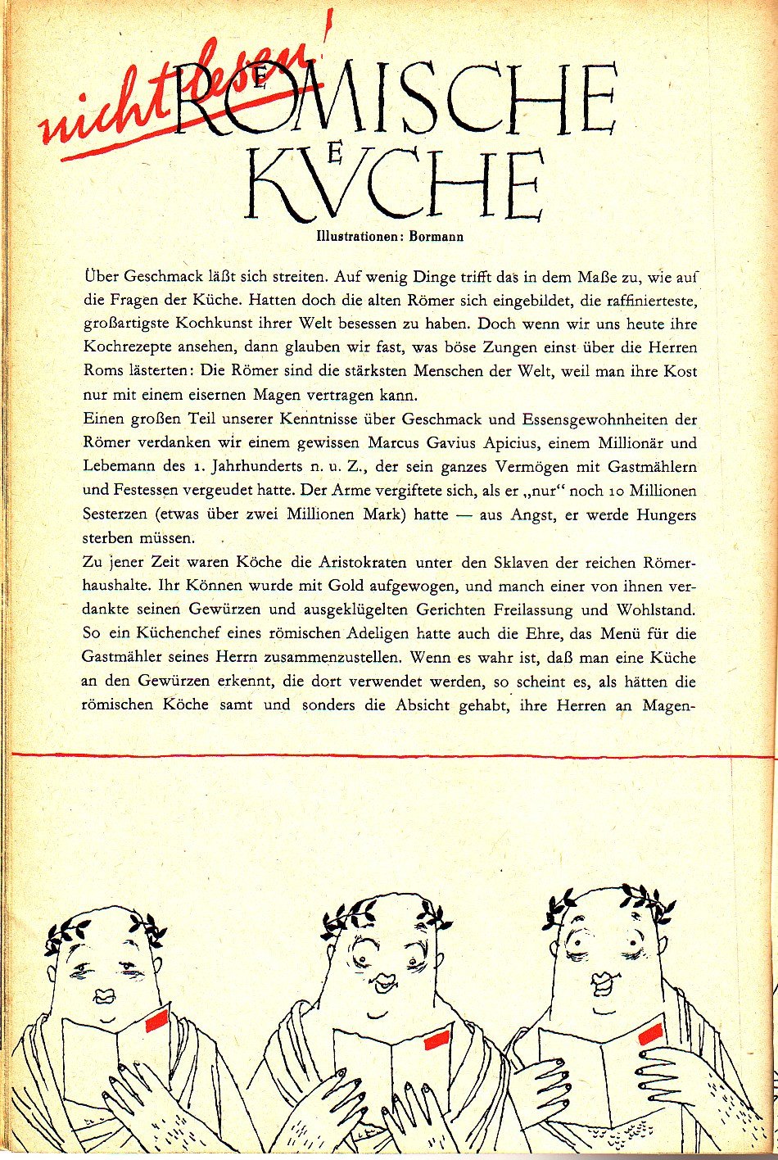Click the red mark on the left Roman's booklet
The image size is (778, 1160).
[x=156, y=1020]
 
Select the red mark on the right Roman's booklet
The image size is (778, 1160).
[x=652, y=1033]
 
